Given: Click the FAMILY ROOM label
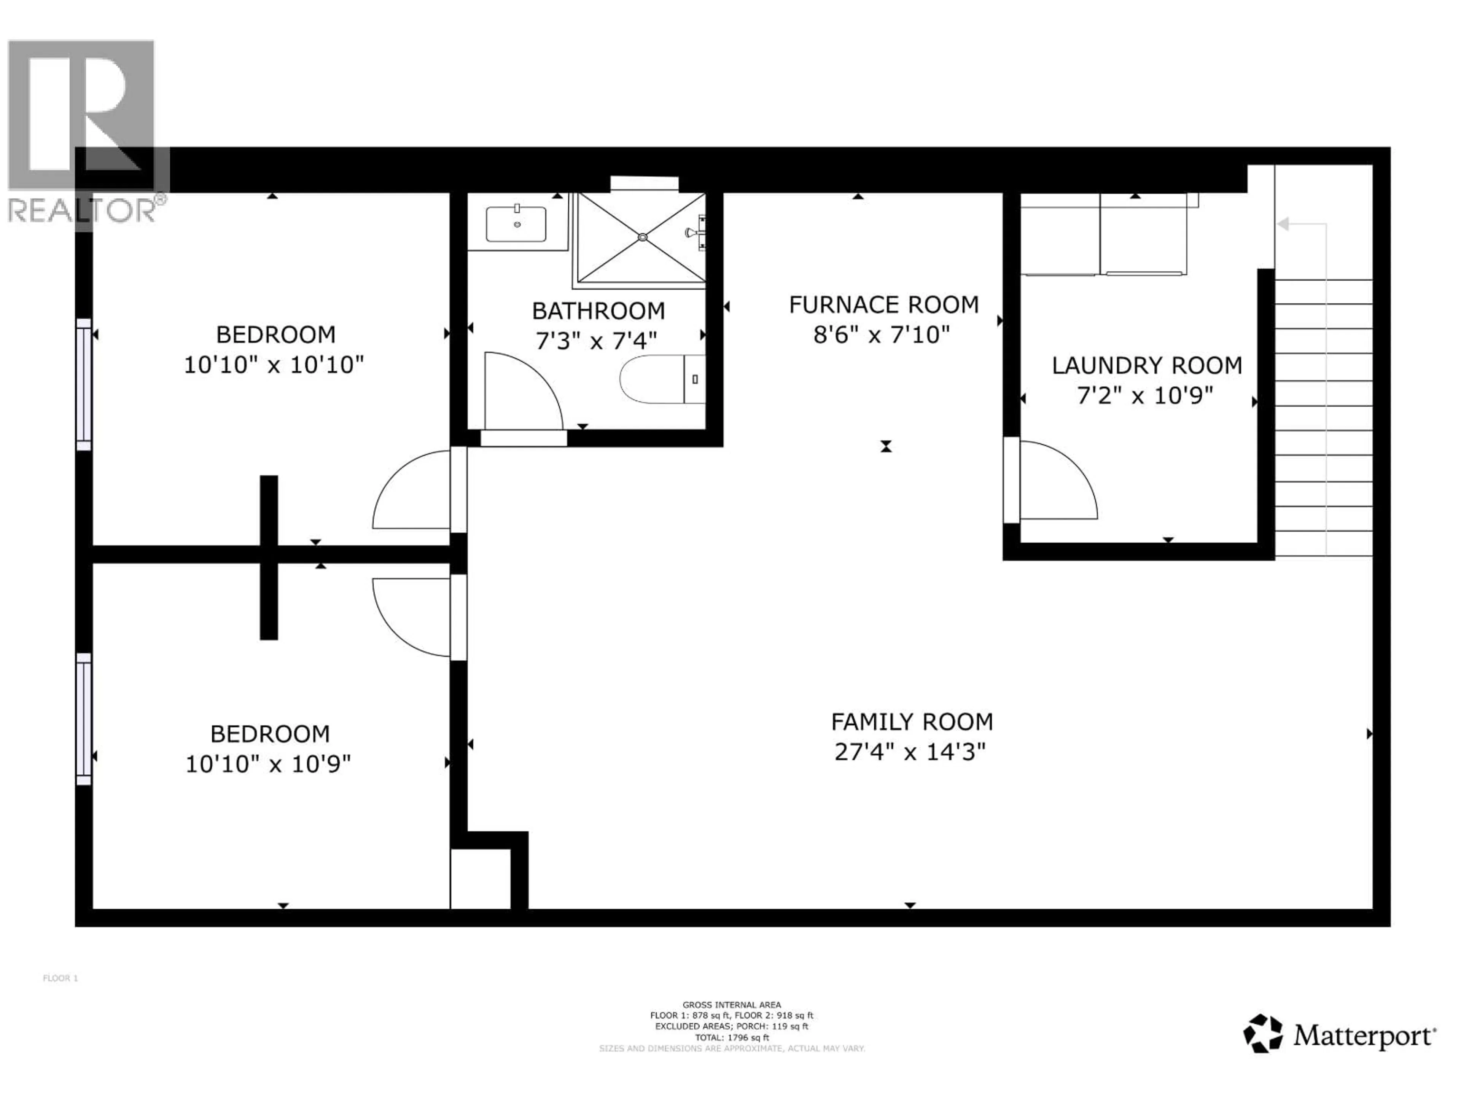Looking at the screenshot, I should (912, 722).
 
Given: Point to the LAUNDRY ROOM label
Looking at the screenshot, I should (1147, 365).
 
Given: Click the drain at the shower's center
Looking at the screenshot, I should (642, 236).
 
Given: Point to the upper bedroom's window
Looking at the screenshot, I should (83, 384).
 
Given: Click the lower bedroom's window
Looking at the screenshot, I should (83, 719).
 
